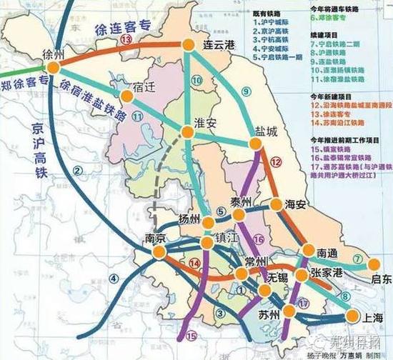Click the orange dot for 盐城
coord(259,146)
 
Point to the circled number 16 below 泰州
coord(259,239)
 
